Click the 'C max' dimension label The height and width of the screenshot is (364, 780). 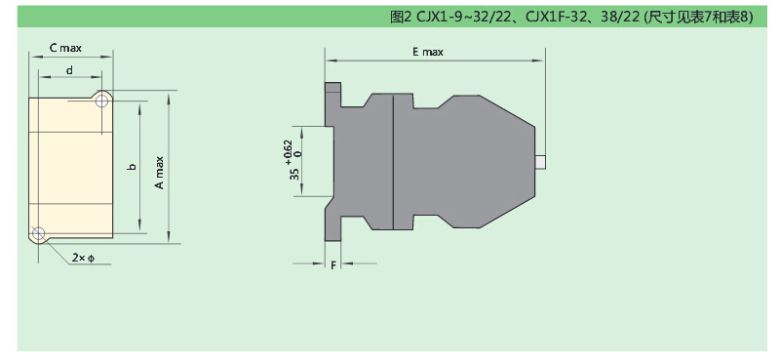click(65, 48)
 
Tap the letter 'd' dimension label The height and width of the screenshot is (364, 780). click(69, 70)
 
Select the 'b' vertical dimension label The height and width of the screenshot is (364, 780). click(132, 166)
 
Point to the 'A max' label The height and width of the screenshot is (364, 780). click(159, 173)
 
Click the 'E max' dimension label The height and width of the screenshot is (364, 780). click(427, 52)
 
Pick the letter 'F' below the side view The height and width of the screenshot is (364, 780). click(333, 264)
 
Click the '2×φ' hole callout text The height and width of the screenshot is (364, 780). click(83, 258)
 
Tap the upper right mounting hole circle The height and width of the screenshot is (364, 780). click(102, 101)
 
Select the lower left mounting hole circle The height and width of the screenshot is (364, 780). click(38, 233)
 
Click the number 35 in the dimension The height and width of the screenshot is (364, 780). click(295, 174)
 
